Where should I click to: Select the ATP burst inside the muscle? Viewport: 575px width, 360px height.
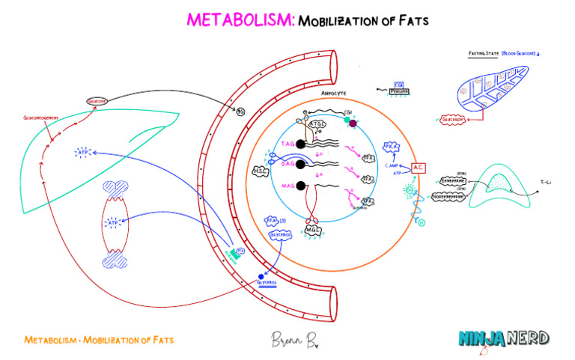112,223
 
